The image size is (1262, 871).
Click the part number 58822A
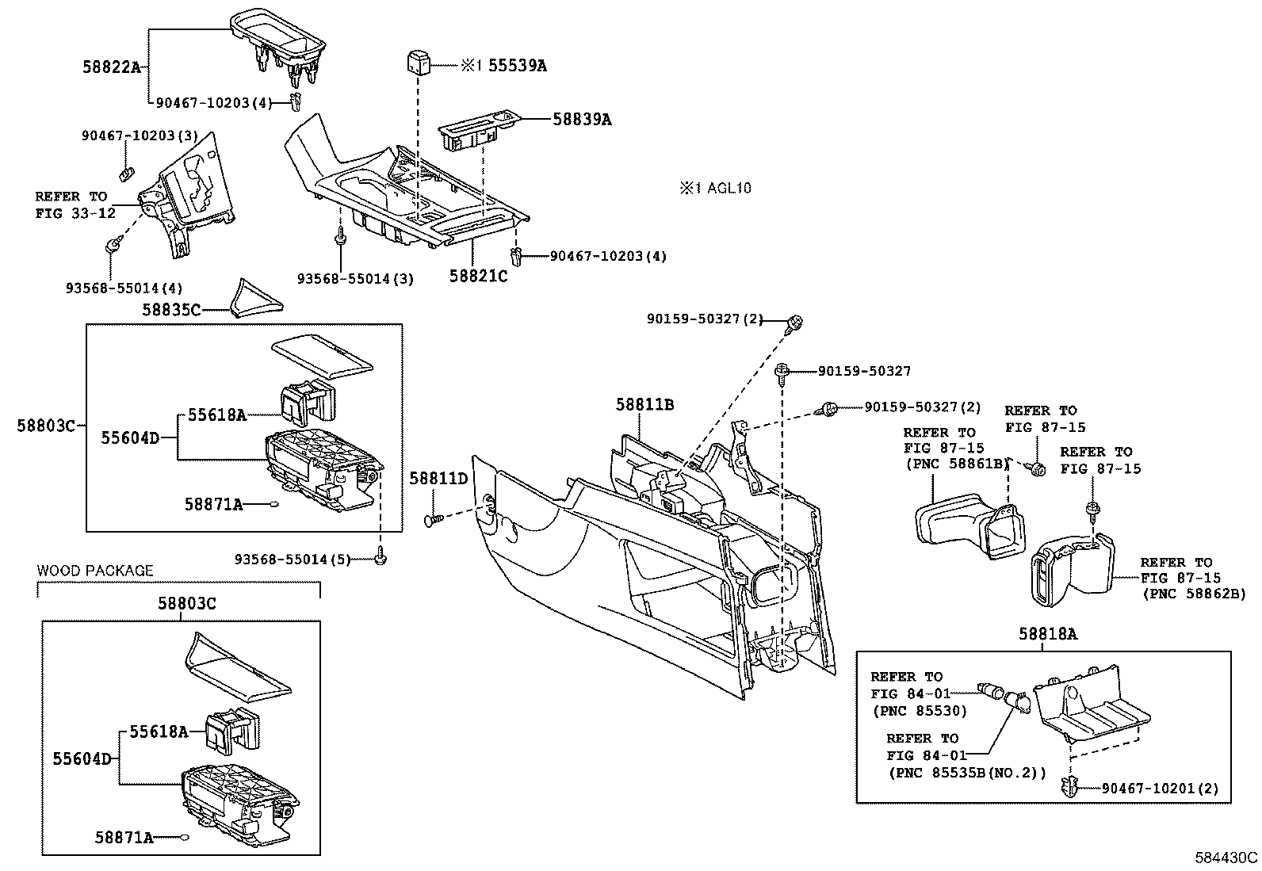112,67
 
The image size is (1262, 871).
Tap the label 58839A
582,120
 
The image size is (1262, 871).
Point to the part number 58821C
478,276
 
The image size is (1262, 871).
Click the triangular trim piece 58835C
256,299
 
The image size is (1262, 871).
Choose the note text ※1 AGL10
716,188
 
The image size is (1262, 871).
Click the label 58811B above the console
644,404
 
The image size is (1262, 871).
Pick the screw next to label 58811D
434,520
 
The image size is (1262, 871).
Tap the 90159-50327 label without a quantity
864,371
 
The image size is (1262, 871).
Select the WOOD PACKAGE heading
94,571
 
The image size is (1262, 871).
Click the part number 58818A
1048,634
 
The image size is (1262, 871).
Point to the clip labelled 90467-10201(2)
1069,785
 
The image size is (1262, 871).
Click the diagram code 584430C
1226,858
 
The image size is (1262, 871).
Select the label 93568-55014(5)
293,560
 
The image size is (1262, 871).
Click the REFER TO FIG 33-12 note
75,204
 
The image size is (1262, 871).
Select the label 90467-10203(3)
140,136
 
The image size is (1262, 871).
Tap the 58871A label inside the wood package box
124,838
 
